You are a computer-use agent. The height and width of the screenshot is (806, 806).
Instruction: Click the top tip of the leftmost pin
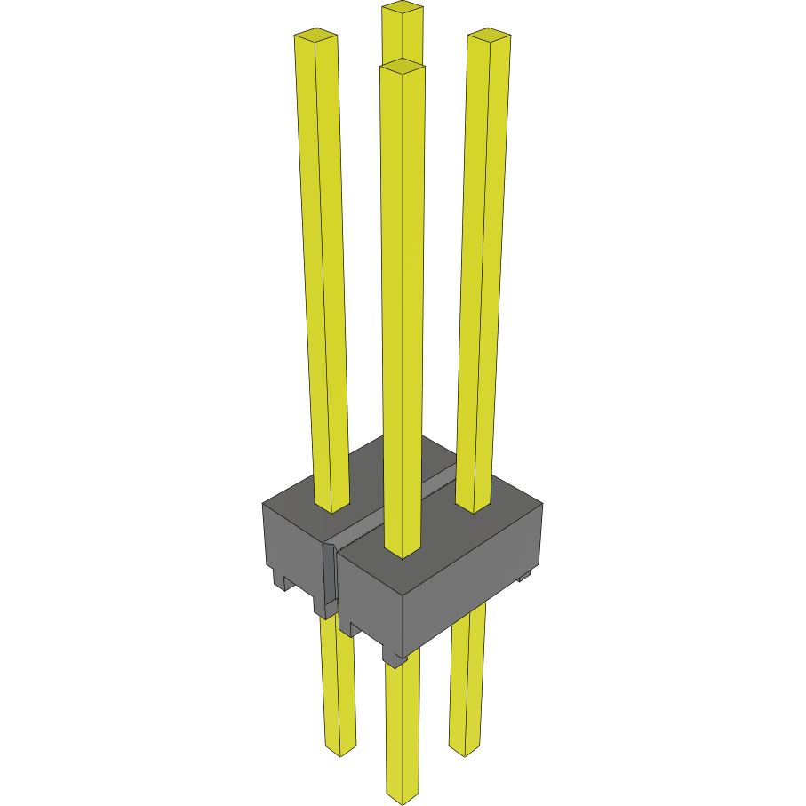(315, 36)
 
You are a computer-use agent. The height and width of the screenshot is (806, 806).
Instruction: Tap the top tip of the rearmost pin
(402, 9)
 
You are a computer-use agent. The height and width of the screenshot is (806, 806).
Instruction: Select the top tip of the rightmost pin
(489, 35)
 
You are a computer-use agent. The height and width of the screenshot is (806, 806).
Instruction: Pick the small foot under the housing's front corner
(394, 658)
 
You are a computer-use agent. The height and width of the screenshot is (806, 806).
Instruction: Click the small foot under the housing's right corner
(523, 577)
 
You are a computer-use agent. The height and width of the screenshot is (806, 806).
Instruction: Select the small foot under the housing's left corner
(284, 582)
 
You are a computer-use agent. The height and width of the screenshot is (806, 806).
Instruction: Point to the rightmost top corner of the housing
(541, 504)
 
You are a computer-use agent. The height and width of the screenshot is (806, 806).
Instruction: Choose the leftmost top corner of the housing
(263, 504)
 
